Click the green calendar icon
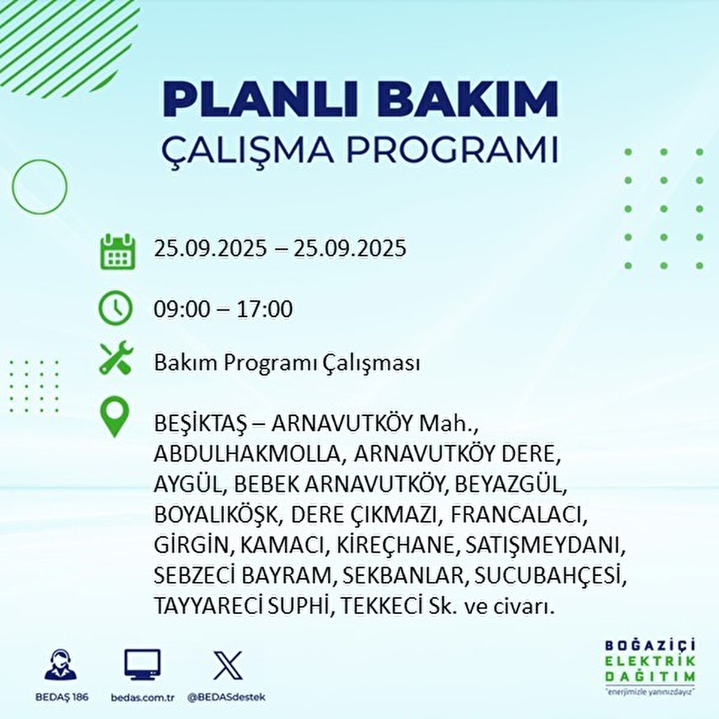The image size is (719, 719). [x=118, y=251]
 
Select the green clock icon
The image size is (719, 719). [x=115, y=308]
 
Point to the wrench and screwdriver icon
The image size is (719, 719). [x=116, y=358]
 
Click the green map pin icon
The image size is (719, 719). [x=114, y=416]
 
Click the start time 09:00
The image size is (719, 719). [x=182, y=309]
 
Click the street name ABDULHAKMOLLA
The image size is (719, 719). [x=247, y=454]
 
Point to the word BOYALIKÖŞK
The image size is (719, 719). [x=215, y=515]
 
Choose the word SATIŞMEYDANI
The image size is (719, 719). [x=545, y=545]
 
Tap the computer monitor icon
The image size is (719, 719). [x=143, y=664]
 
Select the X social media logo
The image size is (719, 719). [x=228, y=665]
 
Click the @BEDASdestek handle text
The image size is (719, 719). [x=227, y=697]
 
